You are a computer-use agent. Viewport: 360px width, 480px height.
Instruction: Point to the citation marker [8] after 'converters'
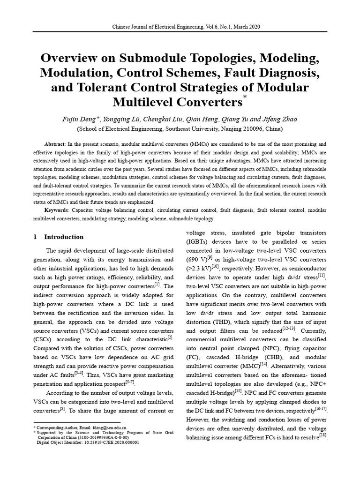pos(62,409)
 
